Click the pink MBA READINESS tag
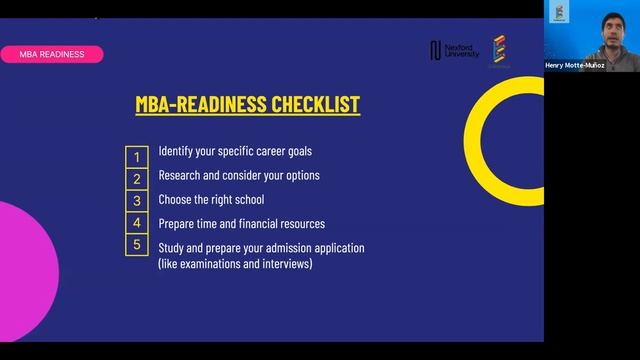pos(52,54)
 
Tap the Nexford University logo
pos(453,50)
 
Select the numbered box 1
pos(137,157)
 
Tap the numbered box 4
pos(137,223)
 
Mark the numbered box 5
pos(137,245)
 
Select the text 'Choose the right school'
pos(211,200)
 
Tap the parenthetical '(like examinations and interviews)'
pos(235,264)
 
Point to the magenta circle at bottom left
pos(25,260)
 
